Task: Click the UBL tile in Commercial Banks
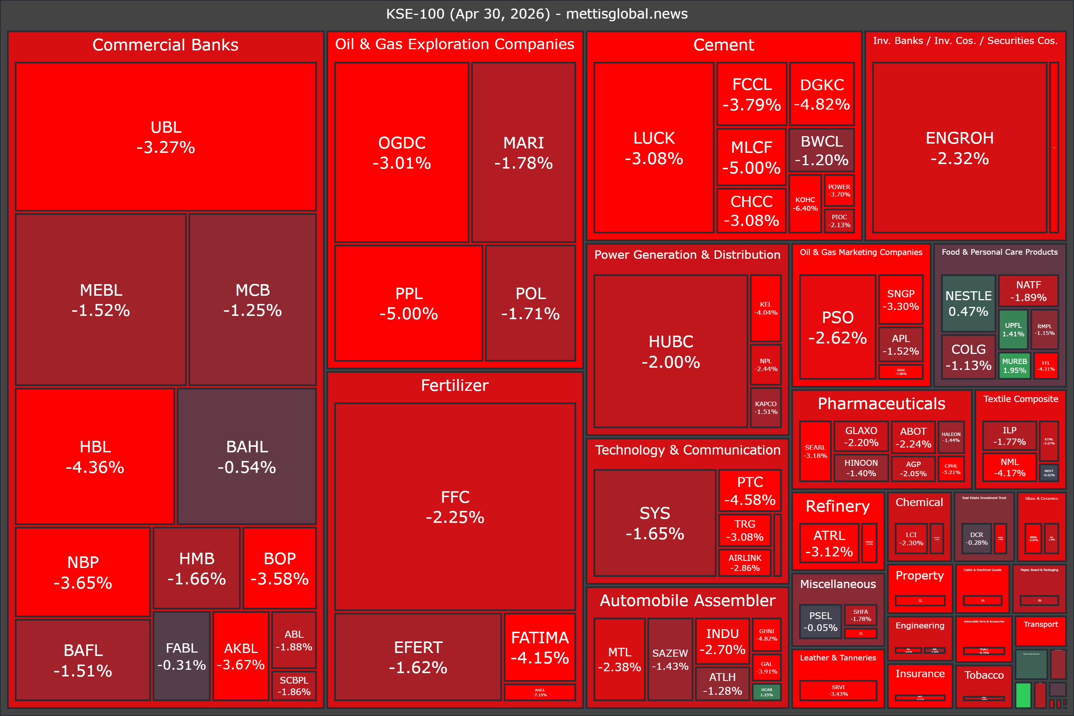(166, 136)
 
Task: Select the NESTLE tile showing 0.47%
(968, 303)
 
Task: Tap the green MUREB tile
(1014, 365)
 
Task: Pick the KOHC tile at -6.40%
(805, 204)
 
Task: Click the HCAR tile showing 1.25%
(767, 692)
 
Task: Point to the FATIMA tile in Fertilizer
(540, 647)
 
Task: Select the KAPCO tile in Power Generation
(766, 407)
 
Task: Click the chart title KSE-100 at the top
(537, 14)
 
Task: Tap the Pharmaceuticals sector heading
(881, 403)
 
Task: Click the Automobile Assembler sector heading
(687, 600)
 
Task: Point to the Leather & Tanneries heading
(838, 657)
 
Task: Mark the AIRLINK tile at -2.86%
(745, 563)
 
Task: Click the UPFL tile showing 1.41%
(1013, 329)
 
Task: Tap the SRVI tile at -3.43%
(838, 690)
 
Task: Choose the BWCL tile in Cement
(822, 150)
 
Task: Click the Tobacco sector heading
(984, 675)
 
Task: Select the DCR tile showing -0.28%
(976, 538)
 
